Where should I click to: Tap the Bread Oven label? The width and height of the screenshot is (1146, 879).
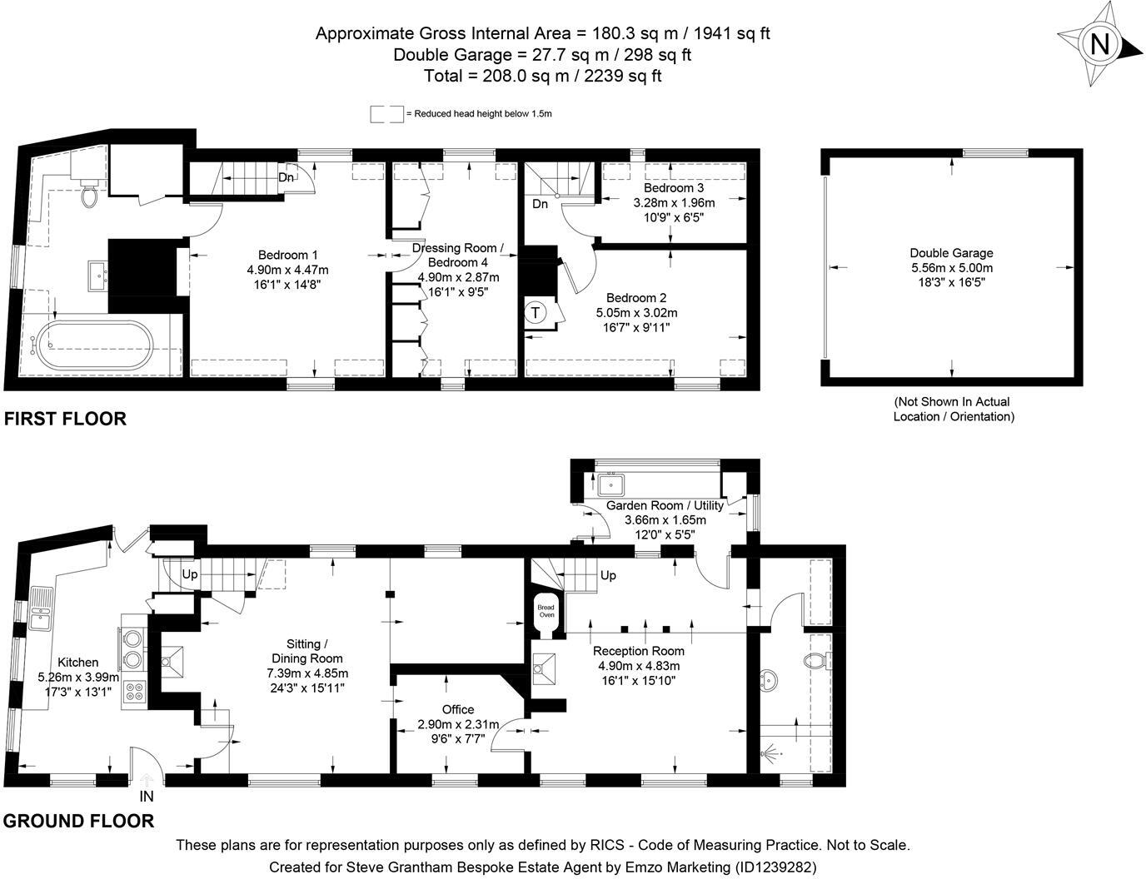[x=546, y=611]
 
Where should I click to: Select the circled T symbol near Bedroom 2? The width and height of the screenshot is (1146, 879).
[x=536, y=313]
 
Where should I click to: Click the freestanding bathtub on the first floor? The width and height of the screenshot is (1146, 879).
[x=94, y=345]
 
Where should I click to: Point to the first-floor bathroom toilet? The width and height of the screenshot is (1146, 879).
[x=90, y=193]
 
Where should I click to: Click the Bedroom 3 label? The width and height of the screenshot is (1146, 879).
[x=674, y=188]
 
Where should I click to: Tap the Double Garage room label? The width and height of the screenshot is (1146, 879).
[x=951, y=253]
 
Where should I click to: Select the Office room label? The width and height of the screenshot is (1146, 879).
[x=458, y=709]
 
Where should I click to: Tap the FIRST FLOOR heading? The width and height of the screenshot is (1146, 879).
[x=66, y=419]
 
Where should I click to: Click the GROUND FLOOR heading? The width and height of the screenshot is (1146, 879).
[x=78, y=821]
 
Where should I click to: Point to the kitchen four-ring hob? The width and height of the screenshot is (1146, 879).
[x=134, y=692]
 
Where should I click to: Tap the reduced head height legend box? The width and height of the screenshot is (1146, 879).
[x=386, y=114]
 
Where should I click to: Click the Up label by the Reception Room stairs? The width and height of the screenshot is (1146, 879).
[x=608, y=575]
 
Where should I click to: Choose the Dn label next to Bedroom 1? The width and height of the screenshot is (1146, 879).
[x=286, y=177]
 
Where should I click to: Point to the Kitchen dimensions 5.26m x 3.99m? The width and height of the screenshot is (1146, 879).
[x=78, y=678]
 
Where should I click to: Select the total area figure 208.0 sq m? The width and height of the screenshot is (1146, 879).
[x=526, y=76]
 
